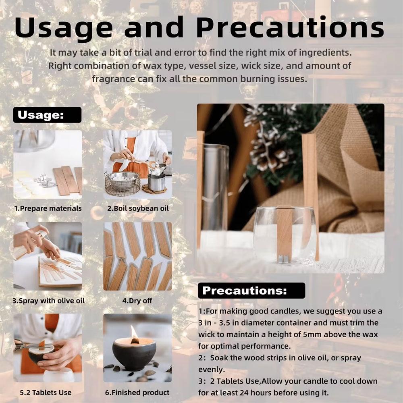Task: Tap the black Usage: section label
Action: (41, 115)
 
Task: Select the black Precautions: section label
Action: (245, 291)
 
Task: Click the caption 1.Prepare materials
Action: (48, 208)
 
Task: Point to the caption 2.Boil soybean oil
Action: (138, 208)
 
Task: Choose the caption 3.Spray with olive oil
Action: (49, 301)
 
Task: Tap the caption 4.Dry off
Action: (137, 301)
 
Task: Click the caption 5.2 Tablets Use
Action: (46, 392)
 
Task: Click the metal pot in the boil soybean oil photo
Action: (156, 181)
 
